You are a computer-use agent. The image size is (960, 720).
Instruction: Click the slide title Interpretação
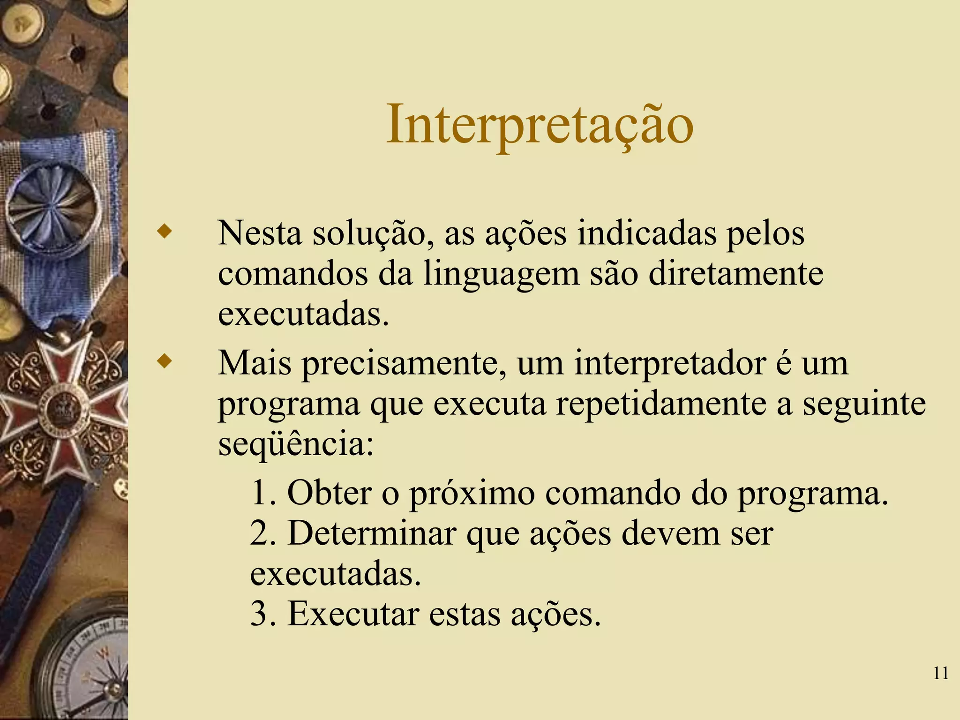coord(539,125)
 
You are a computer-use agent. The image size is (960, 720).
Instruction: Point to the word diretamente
coord(735,273)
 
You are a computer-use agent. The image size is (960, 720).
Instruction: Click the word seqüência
coord(295,444)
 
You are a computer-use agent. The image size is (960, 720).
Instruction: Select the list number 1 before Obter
coord(261,493)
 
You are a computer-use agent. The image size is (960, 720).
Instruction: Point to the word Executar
coord(353,614)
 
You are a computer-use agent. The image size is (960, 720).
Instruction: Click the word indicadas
coord(646,233)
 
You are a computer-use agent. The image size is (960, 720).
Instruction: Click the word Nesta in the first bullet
coord(260,233)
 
